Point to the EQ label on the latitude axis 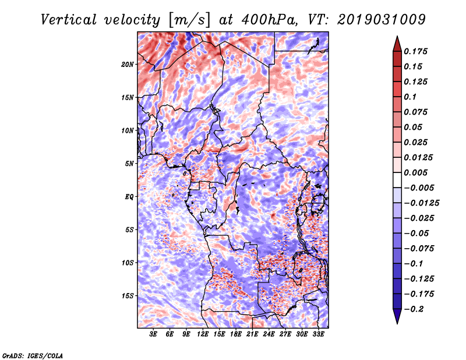(129, 197)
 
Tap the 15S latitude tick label (128, 296)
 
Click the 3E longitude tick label (154, 334)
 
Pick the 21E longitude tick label (252, 334)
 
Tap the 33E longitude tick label (318, 334)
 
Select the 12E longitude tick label (203, 334)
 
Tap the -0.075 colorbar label (421, 248)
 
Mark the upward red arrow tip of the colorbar (396, 38)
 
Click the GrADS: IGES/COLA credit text (33, 355)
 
